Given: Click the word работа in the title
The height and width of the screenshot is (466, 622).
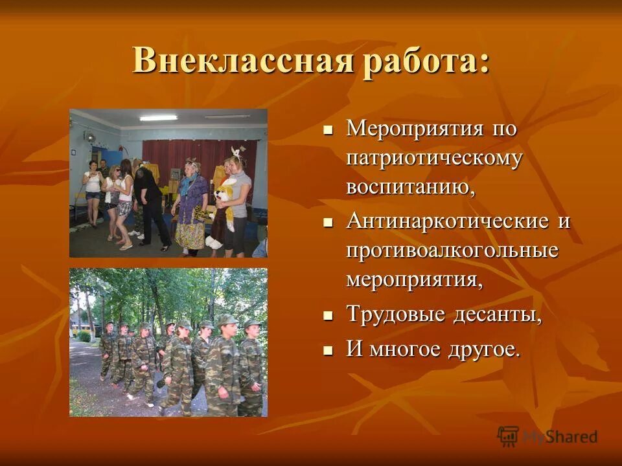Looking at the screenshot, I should (x=421, y=62).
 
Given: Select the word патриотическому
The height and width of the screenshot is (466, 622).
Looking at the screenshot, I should (x=434, y=158).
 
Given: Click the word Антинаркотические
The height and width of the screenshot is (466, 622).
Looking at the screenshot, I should (x=448, y=221).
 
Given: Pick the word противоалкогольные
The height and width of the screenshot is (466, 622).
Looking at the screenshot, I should (x=452, y=250).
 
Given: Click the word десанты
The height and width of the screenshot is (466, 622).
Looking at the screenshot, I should (x=497, y=315).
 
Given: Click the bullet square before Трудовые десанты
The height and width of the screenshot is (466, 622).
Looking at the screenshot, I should (x=328, y=316).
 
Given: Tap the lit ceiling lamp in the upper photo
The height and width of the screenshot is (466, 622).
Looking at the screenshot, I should (x=158, y=118).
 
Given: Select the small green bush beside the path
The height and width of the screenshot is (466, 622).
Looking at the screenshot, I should (x=84, y=336).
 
